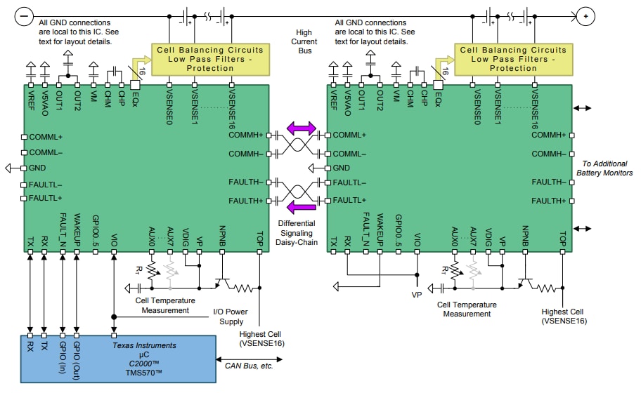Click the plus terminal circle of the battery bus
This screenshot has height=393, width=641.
click(585, 14)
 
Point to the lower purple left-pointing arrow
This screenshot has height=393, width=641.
click(301, 206)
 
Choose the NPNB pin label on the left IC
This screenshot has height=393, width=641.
click(223, 232)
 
